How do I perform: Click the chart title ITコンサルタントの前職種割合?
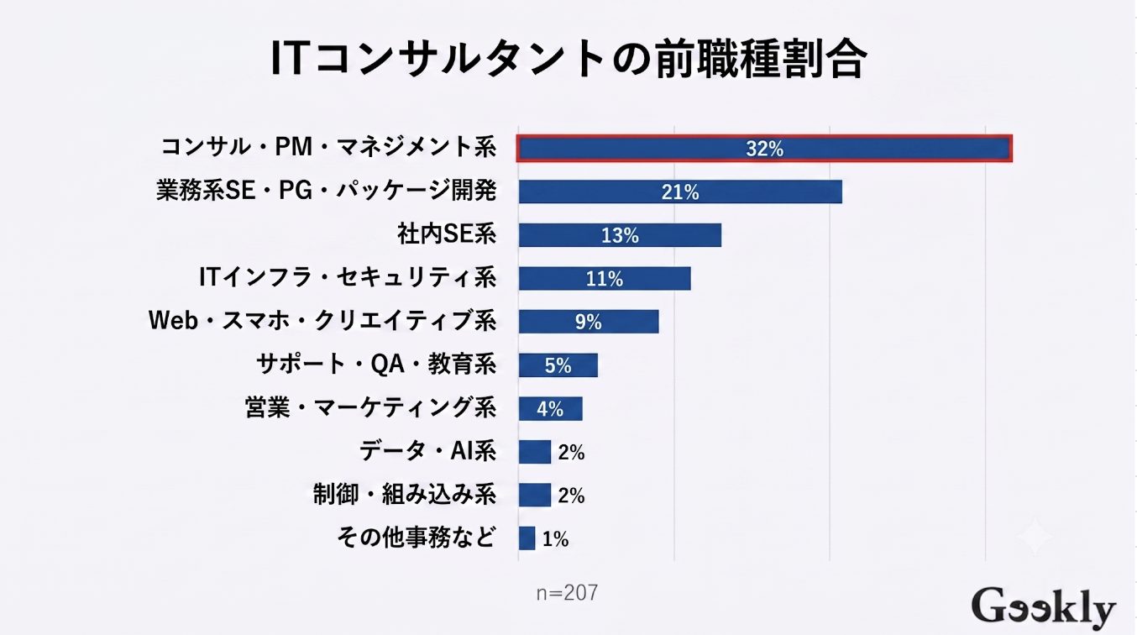[x=568, y=60]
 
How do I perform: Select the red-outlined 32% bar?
[x=764, y=148]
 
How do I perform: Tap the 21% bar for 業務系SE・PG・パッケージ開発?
[x=680, y=192]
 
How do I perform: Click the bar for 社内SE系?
[x=620, y=235]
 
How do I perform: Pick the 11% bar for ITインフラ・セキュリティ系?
[x=605, y=279]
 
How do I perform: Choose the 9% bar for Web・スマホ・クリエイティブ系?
[x=589, y=322]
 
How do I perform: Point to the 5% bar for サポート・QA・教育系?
[x=558, y=365]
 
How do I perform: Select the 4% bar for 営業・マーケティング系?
[x=550, y=408]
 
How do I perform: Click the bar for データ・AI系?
[x=535, y=452]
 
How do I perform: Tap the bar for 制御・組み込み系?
[x=535, y=495]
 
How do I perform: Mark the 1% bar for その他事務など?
[x=527, y=538]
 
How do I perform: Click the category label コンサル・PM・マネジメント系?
[x=328, y=147]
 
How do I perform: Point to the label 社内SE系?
[x=447, y=234]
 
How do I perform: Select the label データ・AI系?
[x=428, y=451]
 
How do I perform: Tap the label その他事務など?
[x=416, y=538]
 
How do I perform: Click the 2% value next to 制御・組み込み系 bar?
[x=572, y=496]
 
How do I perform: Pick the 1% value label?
[x=555, y=539]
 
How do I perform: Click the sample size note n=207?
[x=567, y=593]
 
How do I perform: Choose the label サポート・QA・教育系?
[x=376, y=364]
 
